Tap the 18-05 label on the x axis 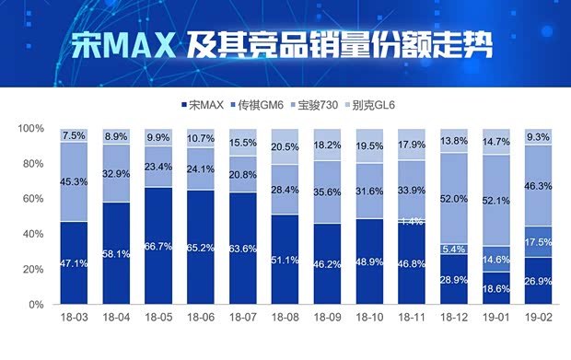pos(159,319)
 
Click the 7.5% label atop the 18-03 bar pos(74,136)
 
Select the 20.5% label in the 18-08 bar pos(286,147)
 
